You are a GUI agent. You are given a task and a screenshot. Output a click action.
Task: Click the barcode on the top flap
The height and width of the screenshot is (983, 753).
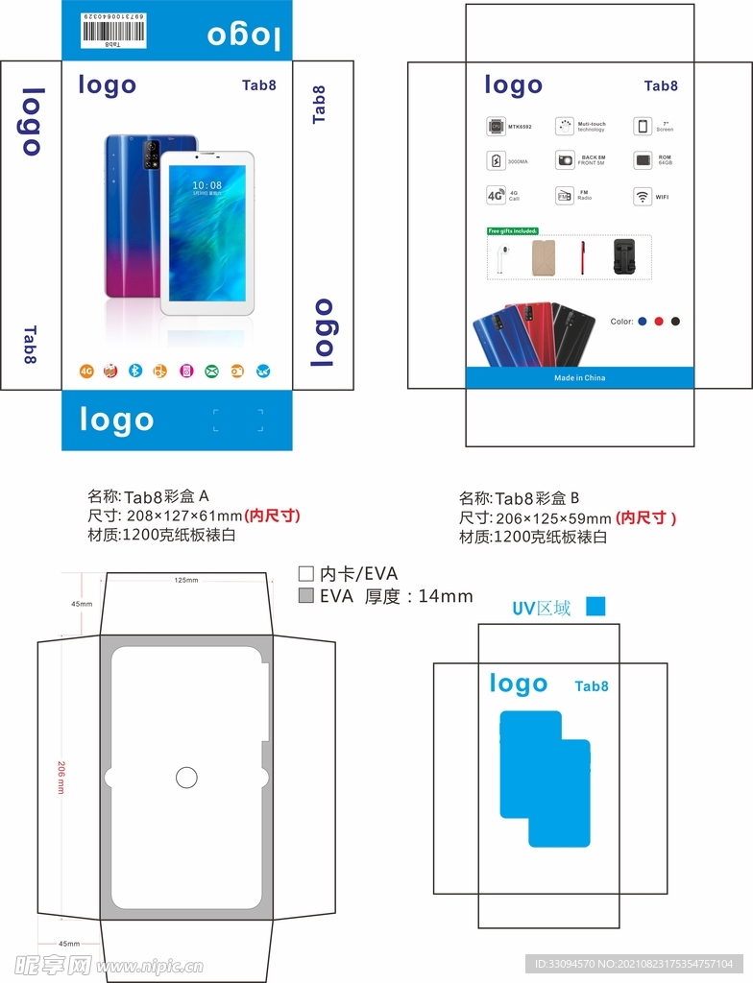(x=112, y=31)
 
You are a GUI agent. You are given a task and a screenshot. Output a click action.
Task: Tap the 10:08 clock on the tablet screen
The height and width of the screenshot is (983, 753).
(x=206, y=185)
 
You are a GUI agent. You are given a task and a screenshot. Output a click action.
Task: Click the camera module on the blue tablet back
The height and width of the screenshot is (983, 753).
(x=150, y=154)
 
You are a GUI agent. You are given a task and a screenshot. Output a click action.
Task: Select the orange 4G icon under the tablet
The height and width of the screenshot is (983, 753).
(x=85, y=371)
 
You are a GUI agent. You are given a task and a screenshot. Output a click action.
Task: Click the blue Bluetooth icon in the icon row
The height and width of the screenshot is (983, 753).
(x=136, y=371)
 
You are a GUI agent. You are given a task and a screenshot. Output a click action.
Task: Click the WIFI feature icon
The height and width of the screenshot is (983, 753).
(x=642, y=196)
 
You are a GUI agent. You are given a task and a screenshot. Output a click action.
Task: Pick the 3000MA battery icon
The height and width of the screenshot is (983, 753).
(x=496, y=160)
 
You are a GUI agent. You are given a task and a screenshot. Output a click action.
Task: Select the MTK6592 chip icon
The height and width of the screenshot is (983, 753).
(x=496, y=126)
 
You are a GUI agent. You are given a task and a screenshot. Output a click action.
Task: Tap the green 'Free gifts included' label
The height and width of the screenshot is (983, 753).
(x=513, y=230)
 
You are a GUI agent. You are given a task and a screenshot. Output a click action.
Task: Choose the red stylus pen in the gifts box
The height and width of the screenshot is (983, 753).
(x=582, y=257)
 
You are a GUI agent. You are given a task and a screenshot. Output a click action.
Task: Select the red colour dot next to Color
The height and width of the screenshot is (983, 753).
(x=659, y=322)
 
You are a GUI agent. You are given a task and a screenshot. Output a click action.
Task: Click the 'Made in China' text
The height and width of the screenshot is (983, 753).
(x=579, y=378)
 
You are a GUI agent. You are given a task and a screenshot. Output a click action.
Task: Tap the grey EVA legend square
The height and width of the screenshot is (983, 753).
(x=306, y=596)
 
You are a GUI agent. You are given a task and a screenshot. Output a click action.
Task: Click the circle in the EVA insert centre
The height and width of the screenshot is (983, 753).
(x=187, y=778)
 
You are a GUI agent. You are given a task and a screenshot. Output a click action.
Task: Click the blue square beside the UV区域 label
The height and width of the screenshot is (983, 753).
(x=595, y=607)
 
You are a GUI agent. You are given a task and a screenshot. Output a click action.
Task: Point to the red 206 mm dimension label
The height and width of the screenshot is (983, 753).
(x=61, y=778)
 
